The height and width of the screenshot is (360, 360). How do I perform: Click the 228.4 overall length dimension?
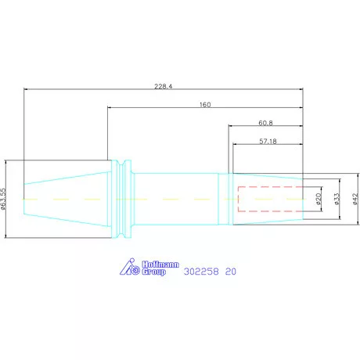pyautogui.click(x=164, y=86)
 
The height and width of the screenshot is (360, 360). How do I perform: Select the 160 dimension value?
pyautogui.click(x=205, y=105)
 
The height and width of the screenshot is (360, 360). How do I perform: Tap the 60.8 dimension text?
pyautogui.click(x=265, y=123)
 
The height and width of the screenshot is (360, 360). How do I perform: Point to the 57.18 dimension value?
pyautogui.click(x=268, y=142)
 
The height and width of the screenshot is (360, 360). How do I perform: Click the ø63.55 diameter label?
pyautogui.click(x=3, y=199)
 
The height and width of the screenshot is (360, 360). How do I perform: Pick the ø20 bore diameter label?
pyautogui.click(x=319, y=199)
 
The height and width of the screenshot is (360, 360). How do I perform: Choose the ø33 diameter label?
pyautogui.click(x=337, y=199)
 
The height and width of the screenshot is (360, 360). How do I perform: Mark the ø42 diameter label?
pyautogui.click(x=355, y=199)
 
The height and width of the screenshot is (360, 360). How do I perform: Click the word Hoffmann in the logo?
pyautogui.click(x=160, y=265)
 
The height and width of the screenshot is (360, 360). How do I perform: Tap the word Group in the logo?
pyautogui.click(x=154, y=272)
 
